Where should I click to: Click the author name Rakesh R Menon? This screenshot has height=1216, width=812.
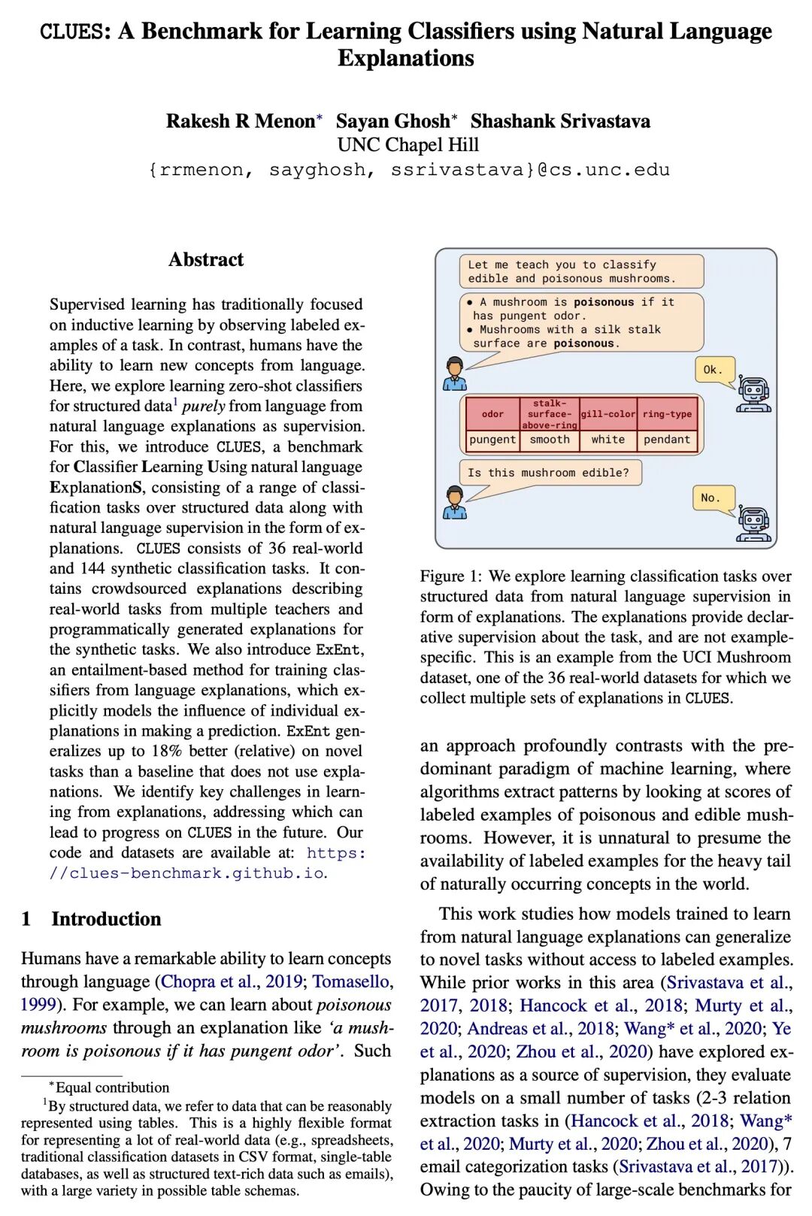(241, 121)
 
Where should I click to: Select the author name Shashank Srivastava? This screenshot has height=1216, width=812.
(560, 121)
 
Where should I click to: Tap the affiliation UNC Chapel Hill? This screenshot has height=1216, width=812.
(408, 144)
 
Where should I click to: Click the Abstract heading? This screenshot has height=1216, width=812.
(206, 259)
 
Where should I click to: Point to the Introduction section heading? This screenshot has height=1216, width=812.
(106, 918)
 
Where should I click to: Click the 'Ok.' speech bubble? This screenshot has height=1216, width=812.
(712, 370)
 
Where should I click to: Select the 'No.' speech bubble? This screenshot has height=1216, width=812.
(710, 498)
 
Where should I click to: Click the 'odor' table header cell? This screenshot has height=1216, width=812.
(492, 413)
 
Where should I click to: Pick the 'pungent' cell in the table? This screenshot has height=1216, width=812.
(492, 440)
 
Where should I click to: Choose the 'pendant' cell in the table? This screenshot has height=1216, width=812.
(667, 440)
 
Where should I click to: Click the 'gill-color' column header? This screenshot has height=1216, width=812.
(608, 413)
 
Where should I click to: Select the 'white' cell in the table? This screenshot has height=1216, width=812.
(608, 440)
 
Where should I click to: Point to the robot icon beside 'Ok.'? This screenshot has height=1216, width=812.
(753, 395)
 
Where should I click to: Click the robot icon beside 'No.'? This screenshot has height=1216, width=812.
(753, 523)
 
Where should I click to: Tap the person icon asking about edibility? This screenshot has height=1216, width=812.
(454, 502)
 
